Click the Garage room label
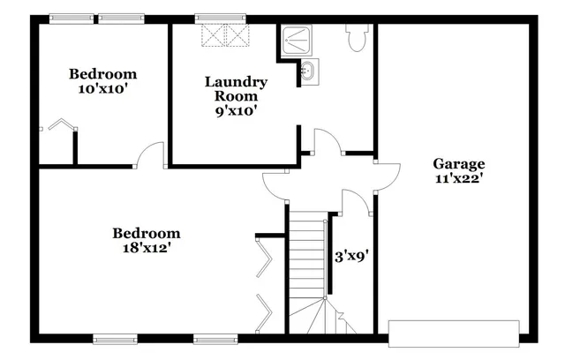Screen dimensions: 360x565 coord(458,163)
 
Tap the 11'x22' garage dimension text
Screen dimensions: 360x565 coord(458,178)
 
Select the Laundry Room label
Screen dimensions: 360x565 coord(236,89)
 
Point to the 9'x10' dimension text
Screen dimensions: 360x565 coord(236,111)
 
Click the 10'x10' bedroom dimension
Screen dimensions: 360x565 coord(103,89)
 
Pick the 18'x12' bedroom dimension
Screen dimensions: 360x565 coord(146,248)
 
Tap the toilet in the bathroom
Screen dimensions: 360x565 coord(358,38)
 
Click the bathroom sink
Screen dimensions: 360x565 coord(307,71)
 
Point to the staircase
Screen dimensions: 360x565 coord(309,265)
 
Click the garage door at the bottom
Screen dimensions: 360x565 coord(454,332)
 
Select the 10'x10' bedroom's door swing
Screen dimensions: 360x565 coord(151,154)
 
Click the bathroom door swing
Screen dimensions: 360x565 coord(327,141)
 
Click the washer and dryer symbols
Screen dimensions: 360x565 coord(227,35)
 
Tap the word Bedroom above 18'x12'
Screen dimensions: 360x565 coord(146,234)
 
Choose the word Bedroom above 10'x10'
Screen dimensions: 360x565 coord(103,74)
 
